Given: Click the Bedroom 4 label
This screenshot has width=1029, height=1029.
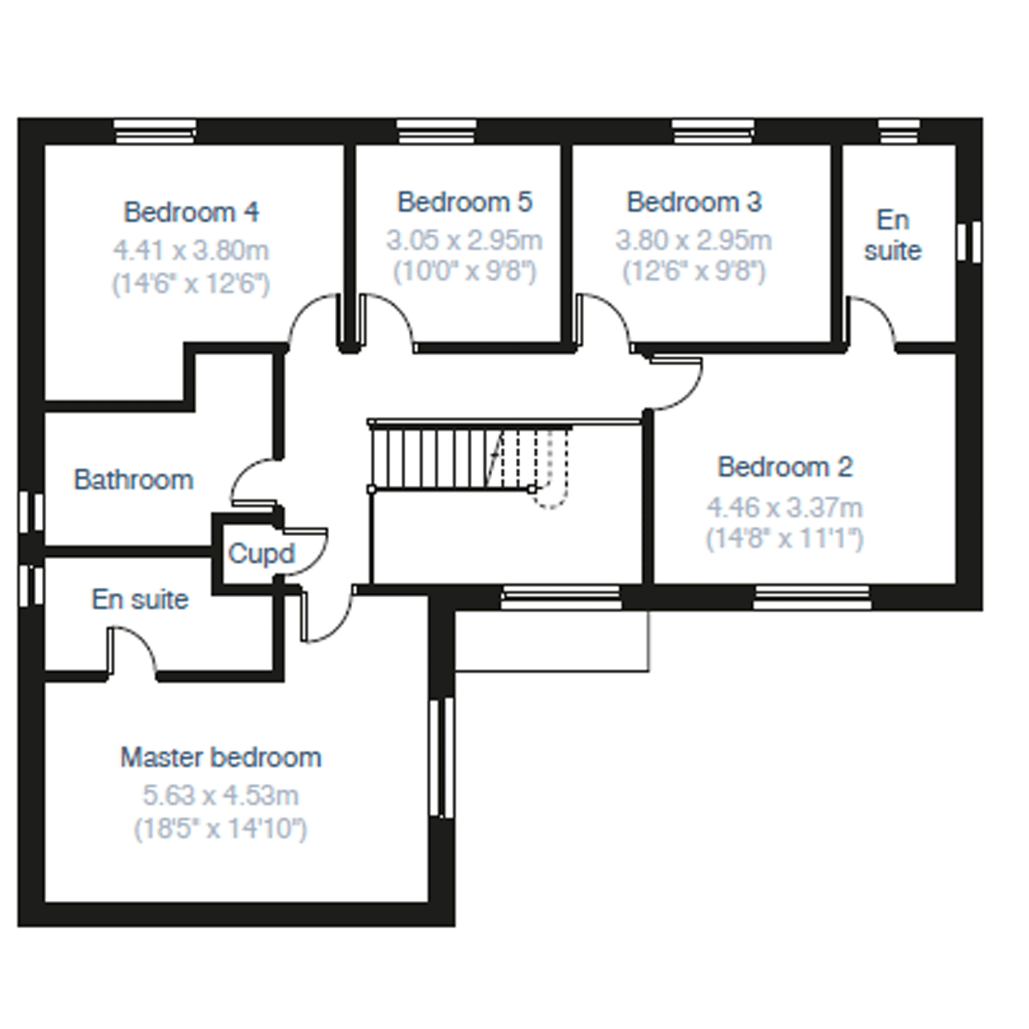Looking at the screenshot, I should click(x=191, y=213).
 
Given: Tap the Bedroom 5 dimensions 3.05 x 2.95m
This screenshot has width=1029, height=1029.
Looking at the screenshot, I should click(x=464, y=240).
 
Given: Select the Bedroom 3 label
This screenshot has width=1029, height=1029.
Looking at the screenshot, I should click(x=694, y=202).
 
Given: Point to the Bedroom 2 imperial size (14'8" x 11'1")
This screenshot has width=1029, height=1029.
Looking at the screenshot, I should click(x=784, y=539).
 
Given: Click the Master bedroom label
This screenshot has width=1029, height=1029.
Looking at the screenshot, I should click(x=221, y=758).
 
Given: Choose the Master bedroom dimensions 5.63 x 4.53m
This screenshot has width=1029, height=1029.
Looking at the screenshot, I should click(x=221, y=796).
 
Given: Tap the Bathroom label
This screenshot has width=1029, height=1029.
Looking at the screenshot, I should click(x=133, y=480).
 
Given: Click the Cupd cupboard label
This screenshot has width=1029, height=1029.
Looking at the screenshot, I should click(x=261, y=553).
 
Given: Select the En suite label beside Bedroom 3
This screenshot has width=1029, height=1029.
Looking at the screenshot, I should click(x=892, y=236).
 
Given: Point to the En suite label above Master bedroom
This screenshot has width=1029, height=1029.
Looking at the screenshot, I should click(x=140, y=600).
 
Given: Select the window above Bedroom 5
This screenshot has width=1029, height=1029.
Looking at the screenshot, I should click(x=436, y=131).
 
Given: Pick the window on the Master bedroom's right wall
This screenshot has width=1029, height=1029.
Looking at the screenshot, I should click(x=441, y=757).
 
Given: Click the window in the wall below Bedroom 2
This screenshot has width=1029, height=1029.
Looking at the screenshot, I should click(x=812, y=597).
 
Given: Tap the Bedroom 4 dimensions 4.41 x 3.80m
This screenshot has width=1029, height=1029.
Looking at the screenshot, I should click(x=191, y=250).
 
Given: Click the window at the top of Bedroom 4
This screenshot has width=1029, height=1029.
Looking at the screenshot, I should click(x=155, y=131).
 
